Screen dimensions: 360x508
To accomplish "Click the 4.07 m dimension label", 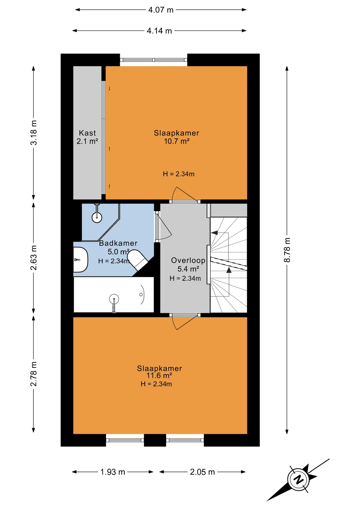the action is point(161,10).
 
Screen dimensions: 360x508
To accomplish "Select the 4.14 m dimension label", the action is point(159,31).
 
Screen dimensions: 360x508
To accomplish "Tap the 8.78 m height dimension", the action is point(287,250).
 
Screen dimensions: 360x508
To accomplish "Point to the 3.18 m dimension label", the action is point(34,133).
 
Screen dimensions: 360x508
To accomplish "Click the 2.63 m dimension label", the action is point(34,258).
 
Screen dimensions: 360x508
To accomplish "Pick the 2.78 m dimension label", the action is point(34,374).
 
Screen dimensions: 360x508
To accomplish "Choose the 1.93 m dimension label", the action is point(113,472).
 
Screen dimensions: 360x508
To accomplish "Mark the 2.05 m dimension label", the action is point(202,472).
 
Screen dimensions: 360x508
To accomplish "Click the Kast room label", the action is point(87,133).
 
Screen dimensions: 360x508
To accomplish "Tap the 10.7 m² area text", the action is point(177,141).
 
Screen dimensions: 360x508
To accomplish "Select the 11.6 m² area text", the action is point(159,375).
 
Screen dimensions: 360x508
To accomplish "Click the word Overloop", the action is point(188,261).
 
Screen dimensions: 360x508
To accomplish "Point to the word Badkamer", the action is point(118,243).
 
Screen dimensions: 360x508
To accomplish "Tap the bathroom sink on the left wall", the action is point(80,260).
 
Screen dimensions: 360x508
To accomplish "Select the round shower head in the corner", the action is point(97,217).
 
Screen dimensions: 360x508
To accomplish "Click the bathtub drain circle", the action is point(141,294).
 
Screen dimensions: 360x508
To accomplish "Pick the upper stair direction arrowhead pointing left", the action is point(214,233).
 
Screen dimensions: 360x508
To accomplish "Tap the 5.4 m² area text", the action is point(188,269).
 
